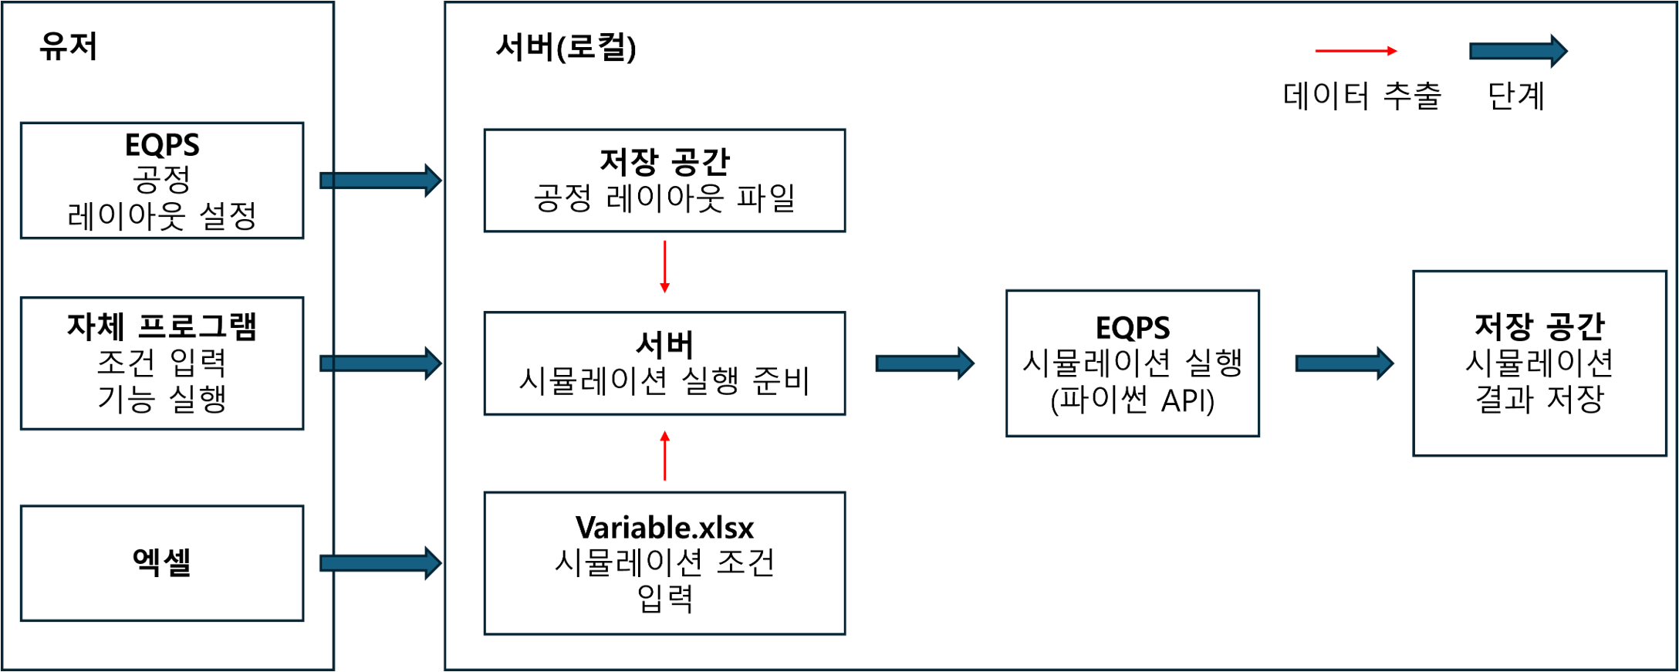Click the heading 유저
[x=69, y=46]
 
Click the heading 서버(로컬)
[x=566, y=47]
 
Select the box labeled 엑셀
[x=162, y=563]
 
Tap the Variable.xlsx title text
[x=664, y=528]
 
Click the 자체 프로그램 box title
[x=162, y=326]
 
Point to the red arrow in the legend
[x=1356, y=51]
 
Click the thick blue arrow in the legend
[x=1518, y=52]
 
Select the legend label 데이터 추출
[x=1362, y=96]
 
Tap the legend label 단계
[x=1516, y=96]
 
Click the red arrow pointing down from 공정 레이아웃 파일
[x=664, y=267]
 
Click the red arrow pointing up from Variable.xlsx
[x=664, y=455]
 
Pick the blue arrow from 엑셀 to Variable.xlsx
[x=380, y=563]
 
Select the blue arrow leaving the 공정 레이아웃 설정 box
[x=380, y=181]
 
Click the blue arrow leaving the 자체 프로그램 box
[x=380, y=363]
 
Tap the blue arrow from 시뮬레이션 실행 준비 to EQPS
[x=924, y=363]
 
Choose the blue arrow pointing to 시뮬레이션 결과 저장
[x=1344, y=363]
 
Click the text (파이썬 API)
[x=1133, y=400]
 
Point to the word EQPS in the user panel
[x=162, y=145]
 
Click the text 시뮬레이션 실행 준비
[x=664, y=381]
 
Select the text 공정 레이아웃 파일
[x=664, y=198]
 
